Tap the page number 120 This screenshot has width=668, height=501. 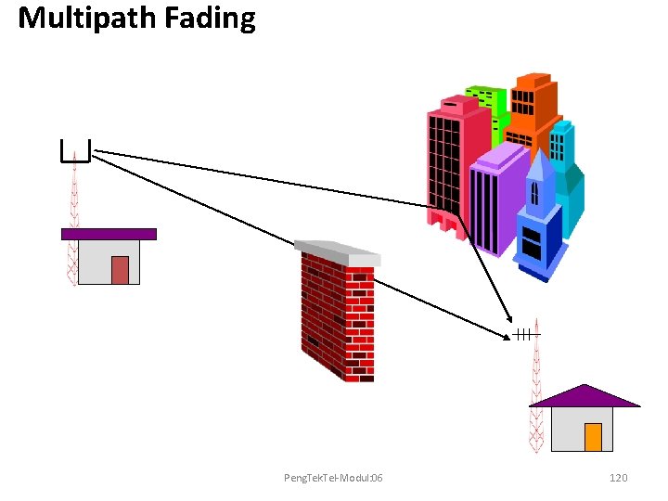coord(618,477)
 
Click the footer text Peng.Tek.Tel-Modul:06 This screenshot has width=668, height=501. coord(333,477)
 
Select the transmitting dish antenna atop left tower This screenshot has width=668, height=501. coord(74,151)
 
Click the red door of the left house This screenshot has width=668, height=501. coord(120,269)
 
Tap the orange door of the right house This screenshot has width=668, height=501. coord(593,437)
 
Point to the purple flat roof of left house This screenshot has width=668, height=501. coord(109,234)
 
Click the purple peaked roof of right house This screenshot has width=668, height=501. coord(585,396)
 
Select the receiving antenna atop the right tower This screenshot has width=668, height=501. coord(525,334)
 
